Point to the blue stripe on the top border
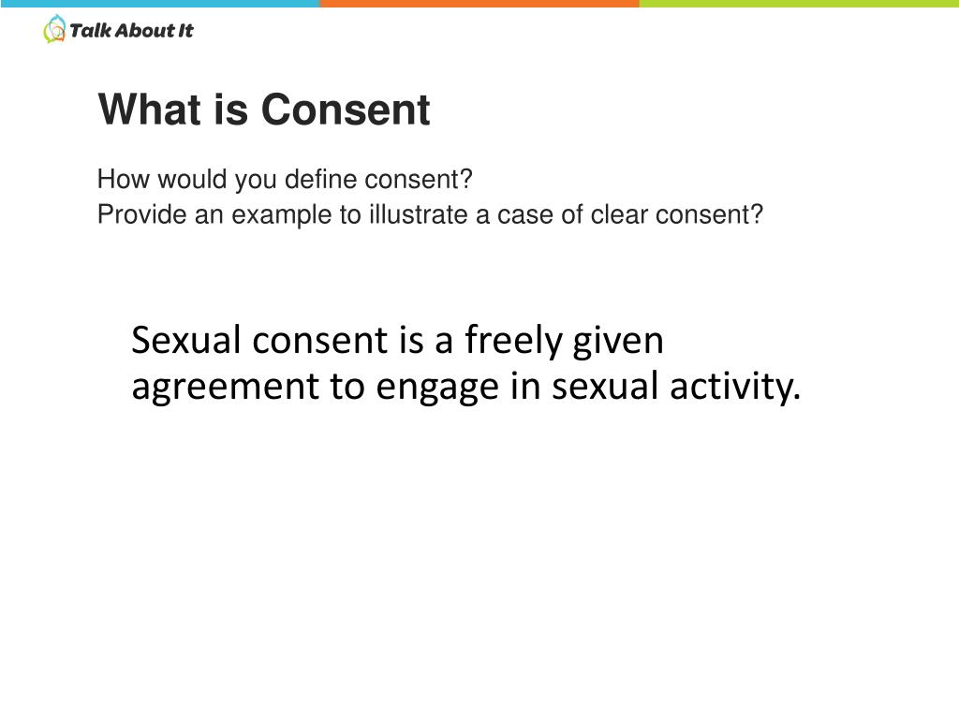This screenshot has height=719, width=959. [159, 4]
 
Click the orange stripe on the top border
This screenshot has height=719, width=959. [479, 4]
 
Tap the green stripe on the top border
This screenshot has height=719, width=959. [799, 4]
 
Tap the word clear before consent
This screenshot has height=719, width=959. [620, 215]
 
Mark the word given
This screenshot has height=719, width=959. [618, 341]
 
